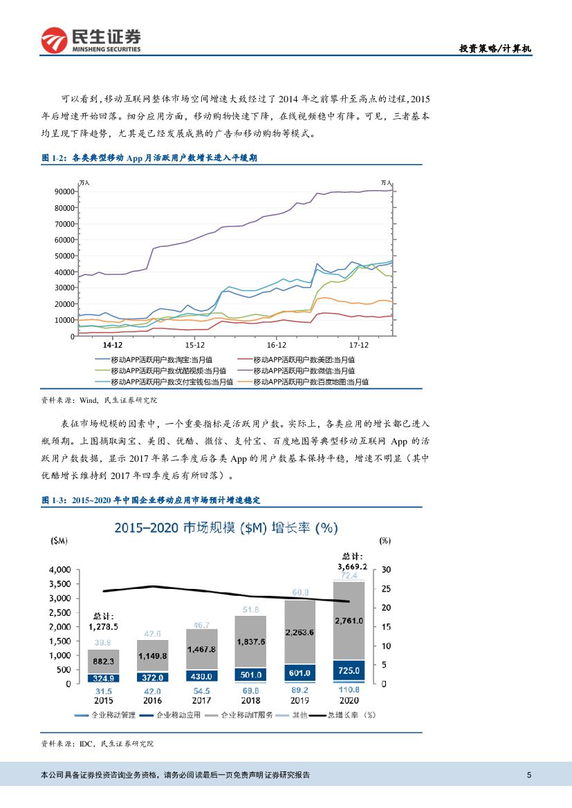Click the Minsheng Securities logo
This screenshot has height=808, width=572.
click(91, 40)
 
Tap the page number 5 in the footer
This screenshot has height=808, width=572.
click(528, 775)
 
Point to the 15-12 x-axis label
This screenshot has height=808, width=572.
click(195, 344)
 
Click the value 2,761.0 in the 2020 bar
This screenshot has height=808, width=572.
click(349, 621)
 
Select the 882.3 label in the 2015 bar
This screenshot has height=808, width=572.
click(104, 661)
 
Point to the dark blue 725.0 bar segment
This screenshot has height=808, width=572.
click(349, 671)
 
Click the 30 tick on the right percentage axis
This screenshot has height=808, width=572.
click(386, 570)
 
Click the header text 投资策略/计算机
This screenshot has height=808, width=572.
click(496, 48)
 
